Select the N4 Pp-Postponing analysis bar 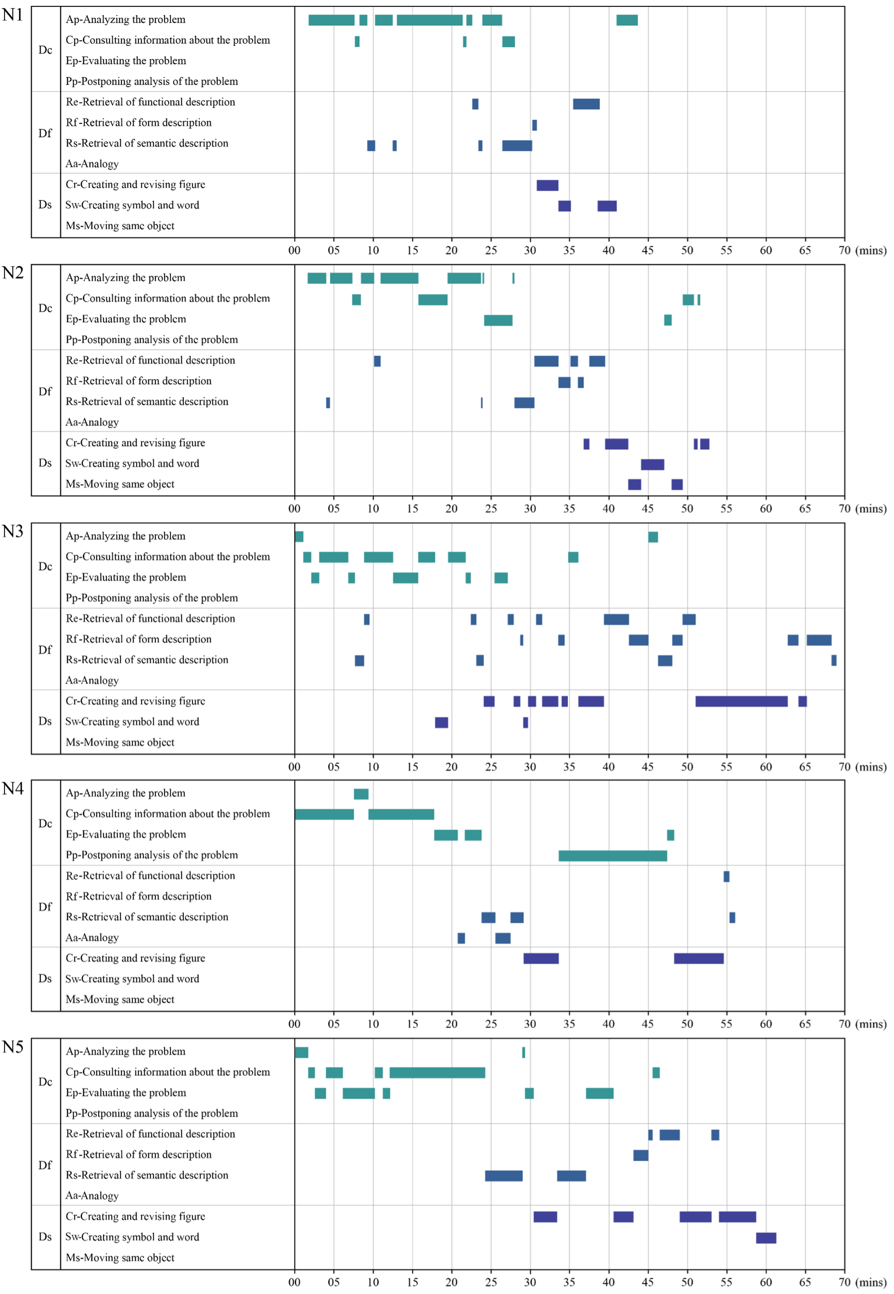point(613,856)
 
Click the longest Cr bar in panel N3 point(742,702)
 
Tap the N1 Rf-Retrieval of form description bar point(534,125)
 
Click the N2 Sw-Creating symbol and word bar point(652,465)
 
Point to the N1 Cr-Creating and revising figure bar point(547,186)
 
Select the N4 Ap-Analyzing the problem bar point(361,794)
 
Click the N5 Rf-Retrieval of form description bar point(641,1156)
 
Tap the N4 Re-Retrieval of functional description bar point(727,876)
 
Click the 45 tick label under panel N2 point(647,509)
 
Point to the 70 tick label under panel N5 point(844,1282)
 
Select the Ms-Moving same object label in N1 point(120,226)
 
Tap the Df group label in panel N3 point(45,650)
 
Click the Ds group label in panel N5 point(45,1237)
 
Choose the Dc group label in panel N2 point(45,308)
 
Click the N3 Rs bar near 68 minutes point(834,661)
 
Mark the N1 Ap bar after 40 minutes point(627,20)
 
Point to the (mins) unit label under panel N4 point(871,1025)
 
